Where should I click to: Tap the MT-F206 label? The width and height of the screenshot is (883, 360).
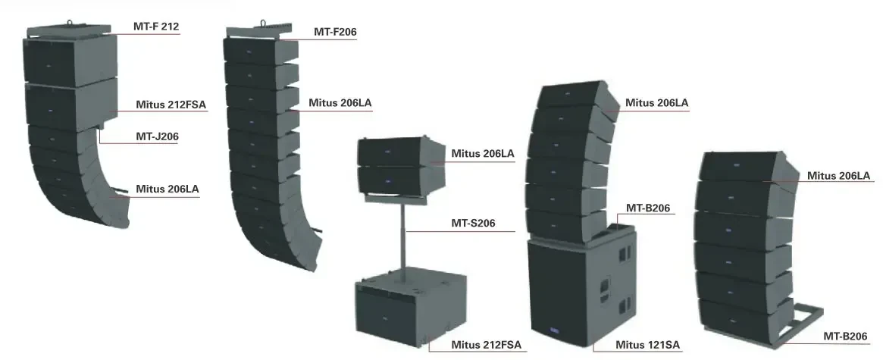[335, 32]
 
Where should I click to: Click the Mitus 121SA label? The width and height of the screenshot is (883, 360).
[647, 346]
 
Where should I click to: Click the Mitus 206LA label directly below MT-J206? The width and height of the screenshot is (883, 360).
[168, 189]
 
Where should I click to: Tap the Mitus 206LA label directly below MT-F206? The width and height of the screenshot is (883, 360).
[340, 103]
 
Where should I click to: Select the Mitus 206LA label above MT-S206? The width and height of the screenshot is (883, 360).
[482, 153]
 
